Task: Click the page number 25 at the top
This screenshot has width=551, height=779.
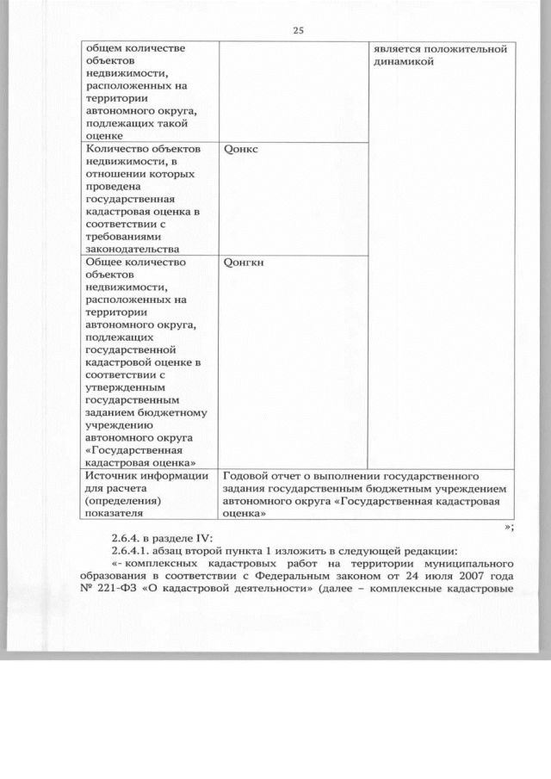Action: [298, 30]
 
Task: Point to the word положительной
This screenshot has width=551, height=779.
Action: [472, 48]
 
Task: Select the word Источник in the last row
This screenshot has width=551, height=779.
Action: [115, 475]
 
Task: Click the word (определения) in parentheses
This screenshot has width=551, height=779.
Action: [123, 501]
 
